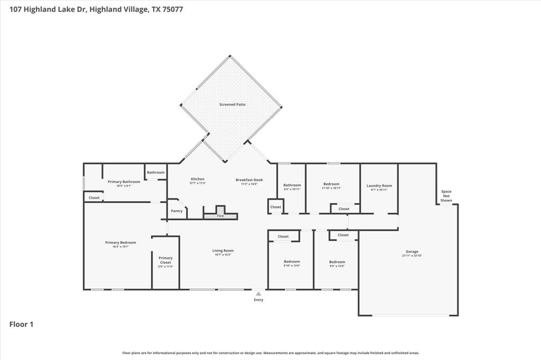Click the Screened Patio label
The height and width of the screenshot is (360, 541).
click(x=232, y=105)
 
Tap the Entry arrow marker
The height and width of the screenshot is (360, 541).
click(x=258, y=294)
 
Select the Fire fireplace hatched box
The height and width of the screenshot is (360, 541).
click(x=220, y=216)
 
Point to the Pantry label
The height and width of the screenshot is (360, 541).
click(x=176, y=211)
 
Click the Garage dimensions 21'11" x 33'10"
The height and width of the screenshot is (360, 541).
click(x=412, y=255)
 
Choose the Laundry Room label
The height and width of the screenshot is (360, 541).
click(x=379, y=186)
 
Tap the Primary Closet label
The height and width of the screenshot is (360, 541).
click(x=165, y=260)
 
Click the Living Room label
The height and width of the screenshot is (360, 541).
click(x=223, y=251)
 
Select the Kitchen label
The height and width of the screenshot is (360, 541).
click(x=198, y=179)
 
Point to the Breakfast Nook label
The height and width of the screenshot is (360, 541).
click(x=249, y=179)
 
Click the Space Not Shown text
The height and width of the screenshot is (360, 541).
click(x=446, y=196)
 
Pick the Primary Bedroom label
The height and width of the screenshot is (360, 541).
click(x=120, y=243)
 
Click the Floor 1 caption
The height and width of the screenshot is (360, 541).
click(x=21, y=325)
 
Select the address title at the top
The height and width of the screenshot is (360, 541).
click(x=96, y=10)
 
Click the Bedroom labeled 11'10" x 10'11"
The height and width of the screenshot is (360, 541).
click(x=332, y=184)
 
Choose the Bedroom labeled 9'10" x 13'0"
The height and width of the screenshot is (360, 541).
click(x=292, y=262)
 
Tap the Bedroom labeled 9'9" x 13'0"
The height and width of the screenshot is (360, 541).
click(x=337, y=262)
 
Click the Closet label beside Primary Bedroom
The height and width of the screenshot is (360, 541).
click(x=94, y=198)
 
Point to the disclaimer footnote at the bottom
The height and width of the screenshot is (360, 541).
click(x=270, y=353)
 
